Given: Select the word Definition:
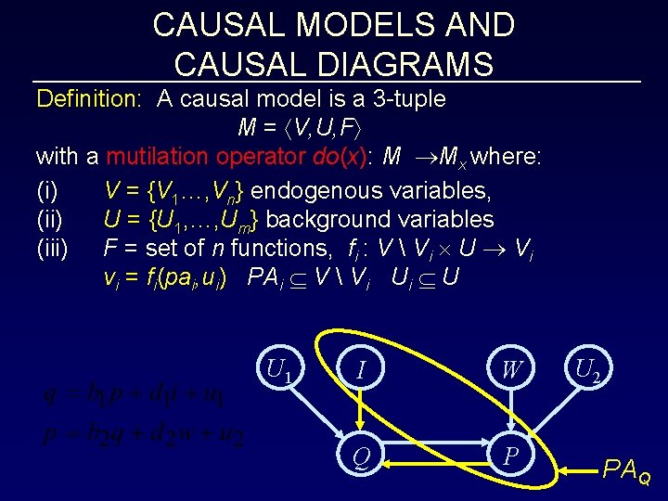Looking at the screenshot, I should (88, 98).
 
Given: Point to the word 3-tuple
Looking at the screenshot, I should (405, 98).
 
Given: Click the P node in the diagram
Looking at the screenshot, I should (509, 456).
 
